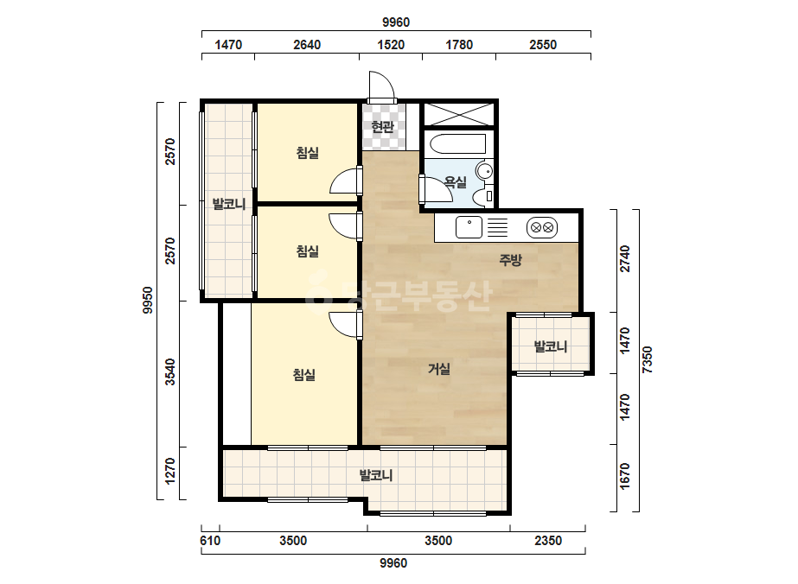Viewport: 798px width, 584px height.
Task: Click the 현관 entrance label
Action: click(x=382, y=127)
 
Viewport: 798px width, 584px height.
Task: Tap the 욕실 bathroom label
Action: click(x=455, y=182)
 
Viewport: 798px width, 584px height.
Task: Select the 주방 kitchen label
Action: click(x=510, y=260)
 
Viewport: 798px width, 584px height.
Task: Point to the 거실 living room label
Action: click(x=438, y=369)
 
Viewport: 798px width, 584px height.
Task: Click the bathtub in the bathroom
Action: click(x=458, y=143)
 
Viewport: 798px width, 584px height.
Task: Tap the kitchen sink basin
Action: click(x=469, y=227)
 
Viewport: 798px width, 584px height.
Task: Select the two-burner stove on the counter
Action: click(x=542, y=227)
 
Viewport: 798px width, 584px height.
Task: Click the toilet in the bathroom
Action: click(x=482, y=196)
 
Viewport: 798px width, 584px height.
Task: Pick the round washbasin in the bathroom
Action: click(x=484, y=170)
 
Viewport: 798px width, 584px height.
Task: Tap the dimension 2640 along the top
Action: click(x=307, y=45)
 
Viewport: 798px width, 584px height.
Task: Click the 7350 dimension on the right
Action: click(x=648, y=359)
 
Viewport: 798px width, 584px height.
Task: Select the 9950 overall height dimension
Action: click(x=147, y=300)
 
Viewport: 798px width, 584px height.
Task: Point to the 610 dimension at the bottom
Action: click(x=210, y=540)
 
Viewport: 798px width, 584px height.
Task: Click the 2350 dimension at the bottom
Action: click(x=548, y=540)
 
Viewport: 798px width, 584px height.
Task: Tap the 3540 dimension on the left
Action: click(x=170, y=371)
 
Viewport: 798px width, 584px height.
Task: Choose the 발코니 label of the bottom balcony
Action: click(x=376, y=476)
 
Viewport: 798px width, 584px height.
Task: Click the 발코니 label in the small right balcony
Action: click(x=550, y=347)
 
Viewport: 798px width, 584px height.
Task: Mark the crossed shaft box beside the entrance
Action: click(x=459, y=114)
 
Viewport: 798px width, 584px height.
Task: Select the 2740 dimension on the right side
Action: click(x=625, y=259)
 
